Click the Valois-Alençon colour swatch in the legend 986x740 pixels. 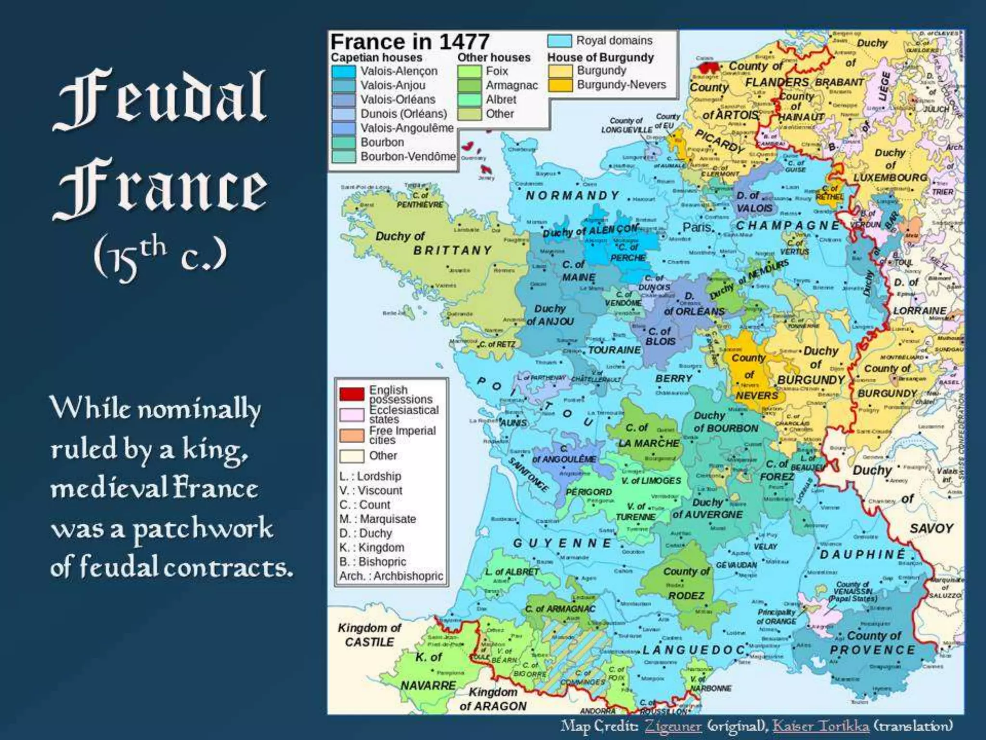click(x=343, y=71)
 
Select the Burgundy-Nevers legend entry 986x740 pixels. click(x=621, y=85)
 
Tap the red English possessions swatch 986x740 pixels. click(x=351, y=394)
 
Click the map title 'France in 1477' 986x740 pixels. click(x=410, y=42)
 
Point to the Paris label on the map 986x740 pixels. click(x=696, y=227)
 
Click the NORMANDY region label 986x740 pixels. click(x=572, y=195)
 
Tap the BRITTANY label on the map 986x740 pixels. click(x=453, y=250)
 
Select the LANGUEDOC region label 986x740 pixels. click(x=694, y=650)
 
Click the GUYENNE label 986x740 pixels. click(x=562, y=543)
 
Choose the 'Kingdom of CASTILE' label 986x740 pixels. click(x=369, y=635)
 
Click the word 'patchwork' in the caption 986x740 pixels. click(x=202, y=529)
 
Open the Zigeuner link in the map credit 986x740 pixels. click(x=673, y=726)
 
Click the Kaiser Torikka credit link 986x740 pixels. click(x=821, y=726)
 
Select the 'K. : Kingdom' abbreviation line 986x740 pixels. click(x=372, y=547)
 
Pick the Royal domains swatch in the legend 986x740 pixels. click(x=559, y=41)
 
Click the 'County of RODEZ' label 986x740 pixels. click(x=686, y=583)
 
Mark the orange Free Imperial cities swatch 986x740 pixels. click(x=351, y=436)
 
